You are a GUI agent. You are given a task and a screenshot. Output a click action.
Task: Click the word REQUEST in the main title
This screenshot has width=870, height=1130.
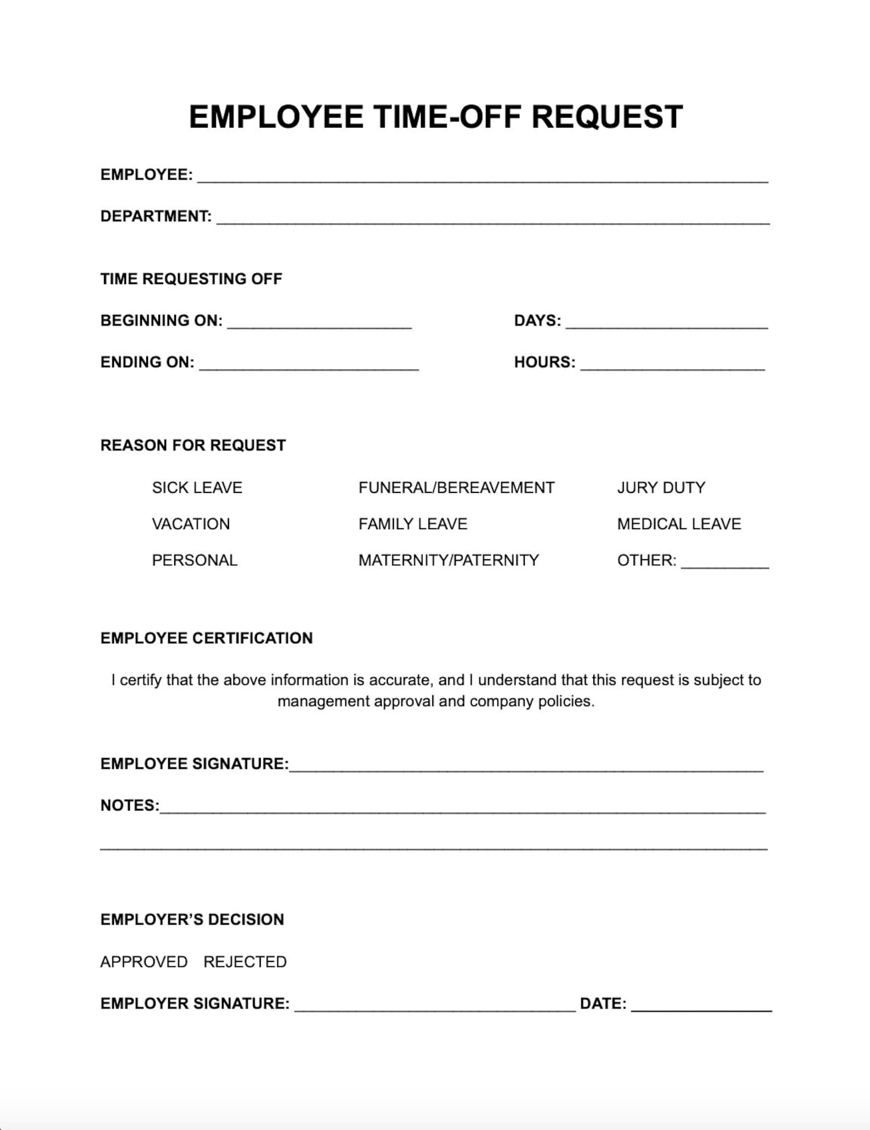(x=606, y=117)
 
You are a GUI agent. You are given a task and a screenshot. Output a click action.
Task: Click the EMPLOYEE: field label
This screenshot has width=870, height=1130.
(x=146, y=175)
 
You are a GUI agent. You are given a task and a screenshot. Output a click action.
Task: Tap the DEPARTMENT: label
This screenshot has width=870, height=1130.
(x=156, y=216)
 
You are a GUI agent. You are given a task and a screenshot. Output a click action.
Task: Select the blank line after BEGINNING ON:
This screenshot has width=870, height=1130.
(x=319, y=323)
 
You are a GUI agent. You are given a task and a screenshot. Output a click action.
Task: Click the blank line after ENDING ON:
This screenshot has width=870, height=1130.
(x=309, y=365)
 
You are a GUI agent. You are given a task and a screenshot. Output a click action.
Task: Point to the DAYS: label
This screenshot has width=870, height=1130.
(x=537, y=321)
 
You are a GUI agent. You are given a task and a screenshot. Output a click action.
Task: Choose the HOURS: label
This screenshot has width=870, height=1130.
(x=544, y=363)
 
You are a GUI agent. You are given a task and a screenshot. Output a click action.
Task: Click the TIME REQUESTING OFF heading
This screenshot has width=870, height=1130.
(x=191, y=279)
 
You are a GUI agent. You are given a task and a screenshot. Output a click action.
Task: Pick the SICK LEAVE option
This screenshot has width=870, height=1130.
(x=197, y=488)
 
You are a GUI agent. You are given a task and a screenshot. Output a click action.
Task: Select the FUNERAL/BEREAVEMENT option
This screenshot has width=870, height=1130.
(x=456, y=488)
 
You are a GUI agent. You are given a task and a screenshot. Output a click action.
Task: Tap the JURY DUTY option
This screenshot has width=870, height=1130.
(x=661, y=488)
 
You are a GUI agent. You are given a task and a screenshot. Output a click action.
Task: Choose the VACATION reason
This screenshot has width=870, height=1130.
(x=191, y=524)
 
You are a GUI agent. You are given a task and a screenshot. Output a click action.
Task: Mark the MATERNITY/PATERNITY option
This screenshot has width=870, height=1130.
(x=448, y=560)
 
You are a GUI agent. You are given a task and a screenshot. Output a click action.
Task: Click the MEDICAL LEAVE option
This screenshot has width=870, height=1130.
(x=678, y=524)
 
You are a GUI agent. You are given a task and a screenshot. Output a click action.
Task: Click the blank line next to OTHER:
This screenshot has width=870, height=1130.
(x=724, y=563)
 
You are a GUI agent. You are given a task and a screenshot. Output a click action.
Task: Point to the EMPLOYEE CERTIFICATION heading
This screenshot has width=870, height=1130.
(x=206, y=638)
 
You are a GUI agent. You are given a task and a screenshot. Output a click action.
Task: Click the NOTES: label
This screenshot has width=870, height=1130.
(x=129, y=805)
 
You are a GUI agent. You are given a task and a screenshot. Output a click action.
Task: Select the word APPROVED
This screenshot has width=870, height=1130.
(x=144, y=962)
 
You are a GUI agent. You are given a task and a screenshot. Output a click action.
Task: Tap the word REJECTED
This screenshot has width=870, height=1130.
(x=245, y=962)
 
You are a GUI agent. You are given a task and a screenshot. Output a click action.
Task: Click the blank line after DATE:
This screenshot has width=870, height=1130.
(x=701, y=1007)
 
